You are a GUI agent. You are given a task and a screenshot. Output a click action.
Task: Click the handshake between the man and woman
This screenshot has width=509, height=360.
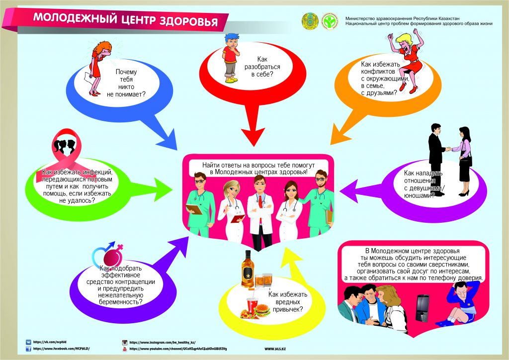448,148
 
